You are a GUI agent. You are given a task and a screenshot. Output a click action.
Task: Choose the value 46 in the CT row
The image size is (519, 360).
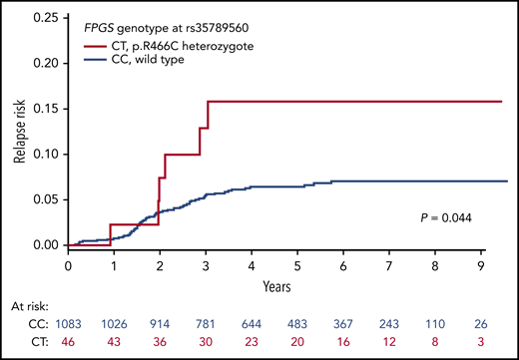click(69, 341)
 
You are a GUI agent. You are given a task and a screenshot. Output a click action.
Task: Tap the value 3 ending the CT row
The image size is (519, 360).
click(481, 341)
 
